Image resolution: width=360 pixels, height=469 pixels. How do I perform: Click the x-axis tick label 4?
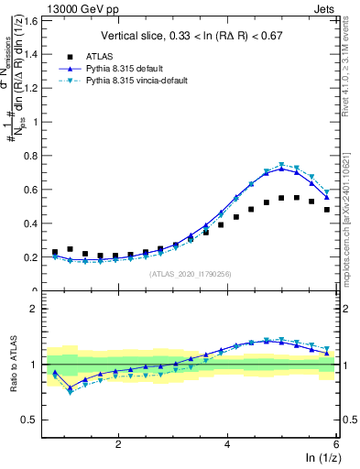pyautogui.click(x=227, y=444)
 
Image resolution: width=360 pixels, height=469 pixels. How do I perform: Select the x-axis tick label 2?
pyautogui.click(x=118, y=444)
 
